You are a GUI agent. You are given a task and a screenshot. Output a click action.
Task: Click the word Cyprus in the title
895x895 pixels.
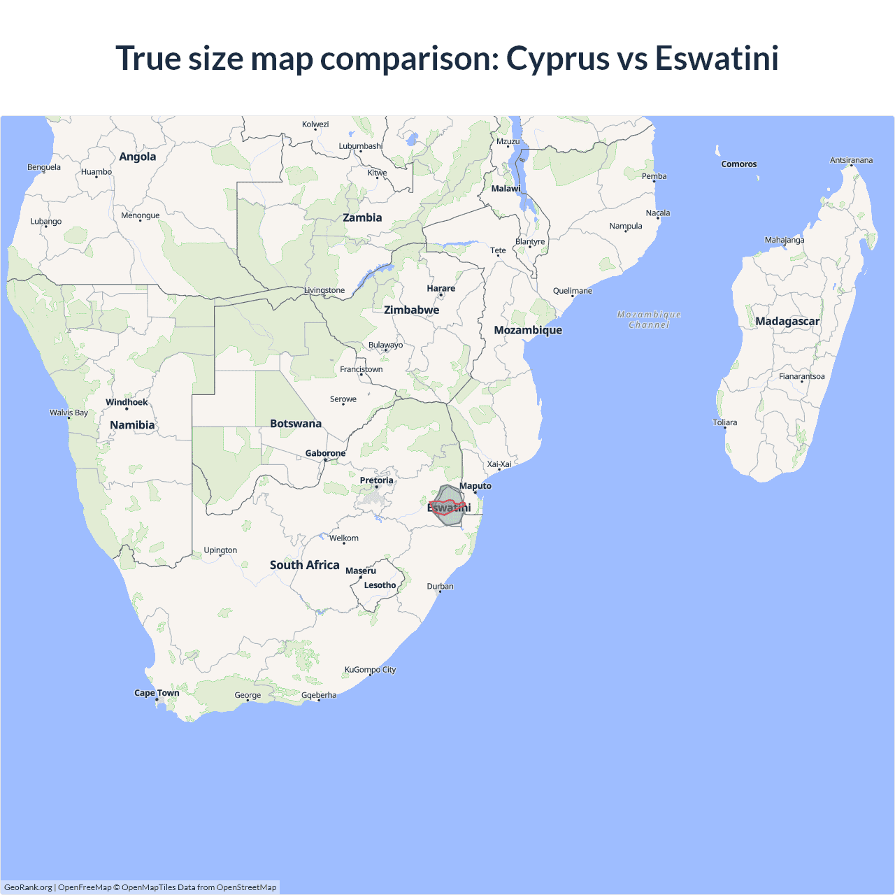(557, 59)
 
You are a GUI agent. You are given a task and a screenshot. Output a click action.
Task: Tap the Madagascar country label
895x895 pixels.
(787, 322)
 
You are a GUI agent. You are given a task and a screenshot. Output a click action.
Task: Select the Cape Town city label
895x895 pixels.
(157, 693)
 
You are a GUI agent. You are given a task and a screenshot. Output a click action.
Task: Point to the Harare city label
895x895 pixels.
(441, 288)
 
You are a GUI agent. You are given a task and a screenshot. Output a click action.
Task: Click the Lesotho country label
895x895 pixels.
(380, 585)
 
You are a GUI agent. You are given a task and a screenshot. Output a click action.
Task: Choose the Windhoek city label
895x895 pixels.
(127, 402)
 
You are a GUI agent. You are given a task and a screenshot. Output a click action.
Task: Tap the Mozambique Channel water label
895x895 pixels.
(649, 320)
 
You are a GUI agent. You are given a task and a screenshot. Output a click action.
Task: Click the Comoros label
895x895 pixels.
(738, 164)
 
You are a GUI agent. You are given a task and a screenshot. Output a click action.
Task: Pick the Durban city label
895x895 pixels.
(440, 586)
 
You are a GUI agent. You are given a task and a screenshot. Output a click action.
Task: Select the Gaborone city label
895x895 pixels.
(325, 453)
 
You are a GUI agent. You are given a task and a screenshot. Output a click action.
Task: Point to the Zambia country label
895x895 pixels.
(362, 217)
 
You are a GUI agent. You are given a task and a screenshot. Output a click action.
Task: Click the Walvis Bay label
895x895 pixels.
(69, 413)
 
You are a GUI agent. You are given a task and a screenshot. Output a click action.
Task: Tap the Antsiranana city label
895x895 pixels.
(851, 160)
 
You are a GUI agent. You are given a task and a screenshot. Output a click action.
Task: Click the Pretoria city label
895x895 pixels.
(376, 480)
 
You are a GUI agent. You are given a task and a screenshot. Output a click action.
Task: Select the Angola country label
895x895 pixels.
(137, 157)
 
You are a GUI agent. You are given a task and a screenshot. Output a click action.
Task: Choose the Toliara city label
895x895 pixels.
(724, 422)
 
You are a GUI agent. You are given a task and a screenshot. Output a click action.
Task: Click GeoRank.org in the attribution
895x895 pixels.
(28, 887)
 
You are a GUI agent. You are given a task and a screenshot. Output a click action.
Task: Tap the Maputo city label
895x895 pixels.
(475, 486)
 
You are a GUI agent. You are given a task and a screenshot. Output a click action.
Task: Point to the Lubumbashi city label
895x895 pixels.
(360, 146)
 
